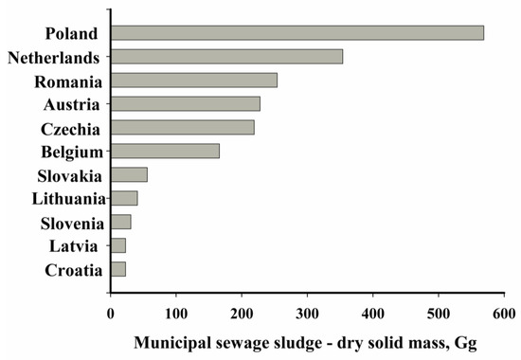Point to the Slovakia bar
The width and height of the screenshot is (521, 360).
(x=129, y=174)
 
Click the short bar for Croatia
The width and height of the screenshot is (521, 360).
(x=118, y=269)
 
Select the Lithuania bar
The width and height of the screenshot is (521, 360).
(x=124, y=198)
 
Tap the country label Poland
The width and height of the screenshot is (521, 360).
(x=79, y=33)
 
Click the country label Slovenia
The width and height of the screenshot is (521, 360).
(x=73, y=223)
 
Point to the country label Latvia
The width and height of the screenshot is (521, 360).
(x=81, y=246)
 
